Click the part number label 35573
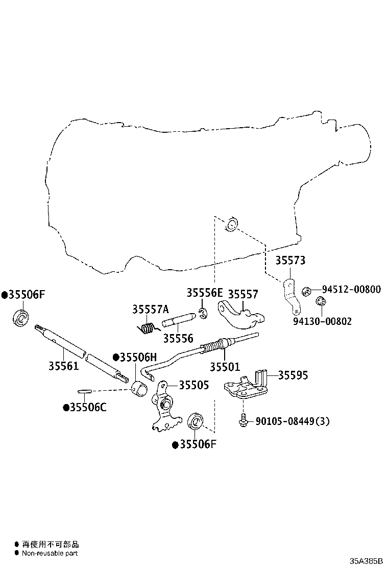[x=290, y=261]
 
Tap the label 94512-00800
[x=351, y=289]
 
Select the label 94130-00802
[x=322, y=321]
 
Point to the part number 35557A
[x=150, y=309]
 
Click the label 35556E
[x=205, y=293]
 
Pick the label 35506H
[x=135, y=358]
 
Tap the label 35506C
[x=85, y=407]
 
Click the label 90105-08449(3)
[x=293, y=421]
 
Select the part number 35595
[x=293, y=375]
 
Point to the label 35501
[x=225, y=367]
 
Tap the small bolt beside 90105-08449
[x=244, y=420]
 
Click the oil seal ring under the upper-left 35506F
[x=21, y=318]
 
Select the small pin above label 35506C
[x=84, y=391]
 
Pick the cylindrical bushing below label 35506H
[x=139, y=388]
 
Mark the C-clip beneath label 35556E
[x=203, y=313]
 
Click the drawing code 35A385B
[x=366, y=561]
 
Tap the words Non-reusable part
[x=50, y=553]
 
